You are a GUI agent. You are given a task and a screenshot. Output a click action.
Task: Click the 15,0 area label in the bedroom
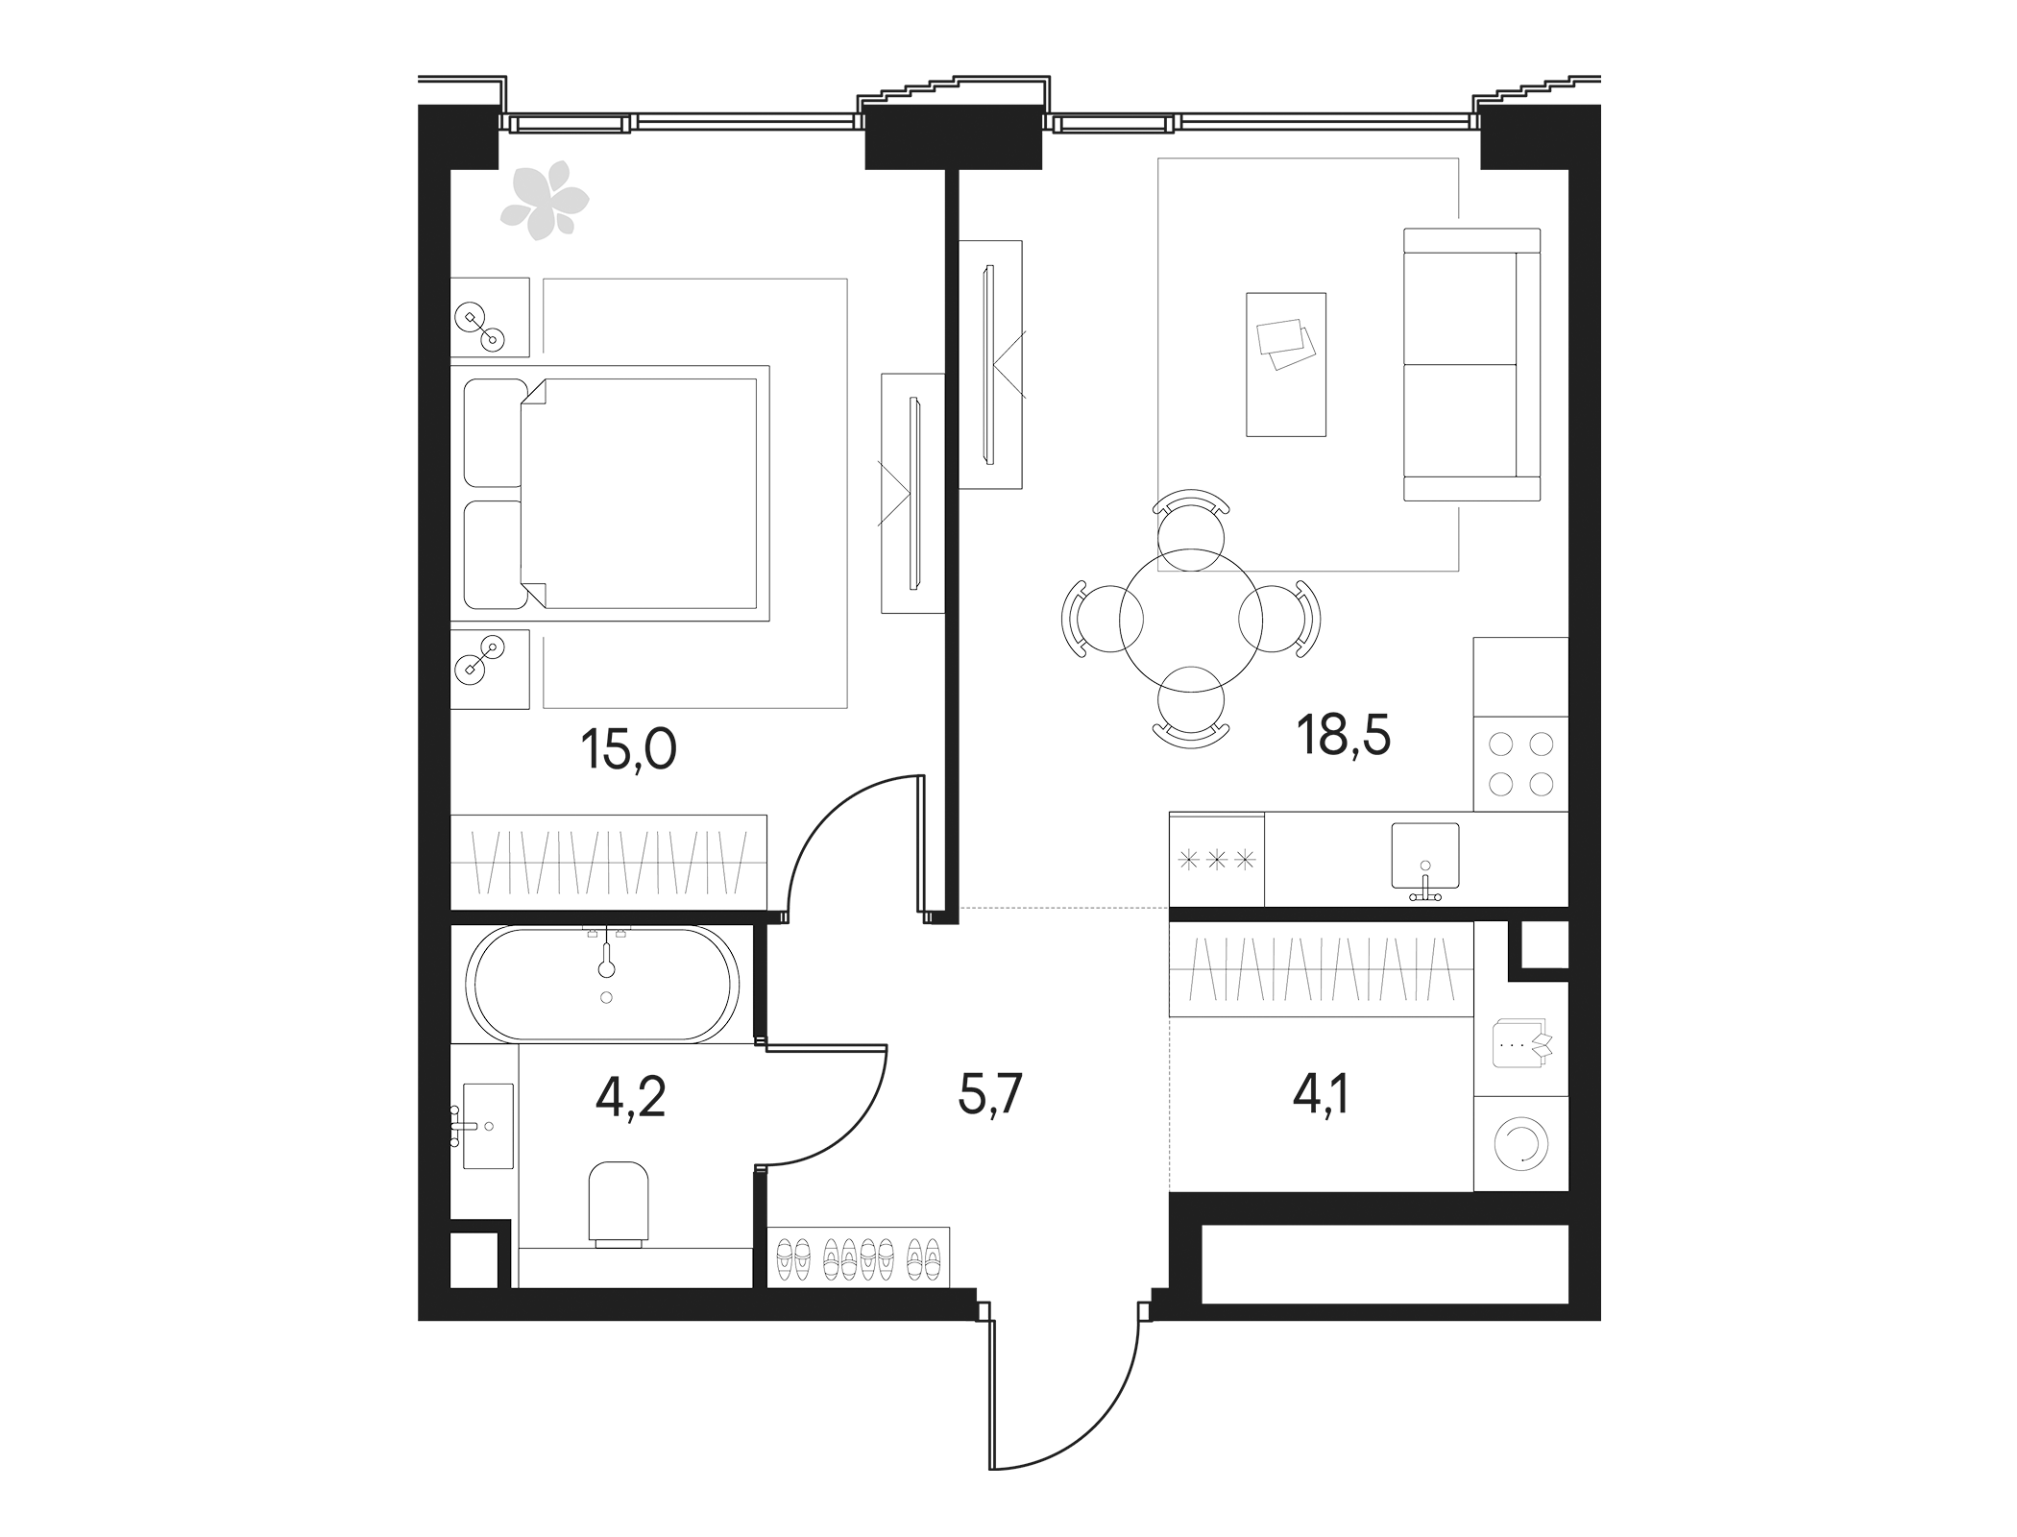(628, 750)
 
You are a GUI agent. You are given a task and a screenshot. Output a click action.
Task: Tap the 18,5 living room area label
(1344, 736)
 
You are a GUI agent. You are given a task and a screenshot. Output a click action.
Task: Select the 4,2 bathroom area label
(630, 1097)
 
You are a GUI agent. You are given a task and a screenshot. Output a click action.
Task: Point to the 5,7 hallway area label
(990, 1094)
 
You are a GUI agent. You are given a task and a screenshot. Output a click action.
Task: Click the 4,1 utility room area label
(1321, 1095)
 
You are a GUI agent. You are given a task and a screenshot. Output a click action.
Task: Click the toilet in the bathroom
(618, 1202)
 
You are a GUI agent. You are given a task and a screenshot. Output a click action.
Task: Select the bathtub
(604, 984)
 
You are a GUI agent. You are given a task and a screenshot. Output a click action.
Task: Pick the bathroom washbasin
(487, 1126)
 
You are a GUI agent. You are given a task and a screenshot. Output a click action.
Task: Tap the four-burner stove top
(1520, 764)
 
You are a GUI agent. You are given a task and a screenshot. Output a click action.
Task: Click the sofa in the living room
(1470, 364)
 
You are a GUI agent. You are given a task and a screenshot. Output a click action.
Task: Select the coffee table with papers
(1286, 364)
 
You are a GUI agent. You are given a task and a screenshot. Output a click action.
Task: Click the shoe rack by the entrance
(858, 1256)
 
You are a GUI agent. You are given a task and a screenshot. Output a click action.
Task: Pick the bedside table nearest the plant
(490, 316)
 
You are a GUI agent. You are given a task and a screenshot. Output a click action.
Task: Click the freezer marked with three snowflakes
(1217, 859)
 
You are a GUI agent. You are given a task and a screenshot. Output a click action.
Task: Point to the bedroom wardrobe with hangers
(609, 861)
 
